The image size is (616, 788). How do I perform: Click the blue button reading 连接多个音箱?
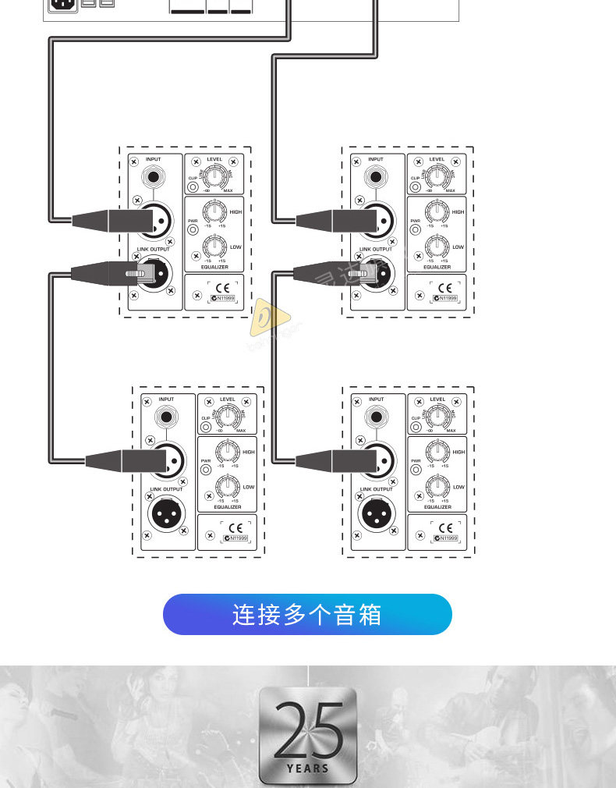pyautogui.click(x=307, y=615)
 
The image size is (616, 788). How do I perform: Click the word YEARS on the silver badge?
pyautogui.click(x=308, y=768)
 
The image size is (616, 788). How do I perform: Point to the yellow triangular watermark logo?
pyautogui.click(x=267, y=318)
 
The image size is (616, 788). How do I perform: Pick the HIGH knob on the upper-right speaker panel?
pyautogui.click(x=437, y=211)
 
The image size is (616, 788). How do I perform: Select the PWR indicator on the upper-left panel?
pyautogui.click(x=193, y=230)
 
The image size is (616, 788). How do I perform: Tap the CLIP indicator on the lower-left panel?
pyautogui.click(x=207, y=427)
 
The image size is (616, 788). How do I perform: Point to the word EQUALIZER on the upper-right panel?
pyautogui.click(x=437, y=267)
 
